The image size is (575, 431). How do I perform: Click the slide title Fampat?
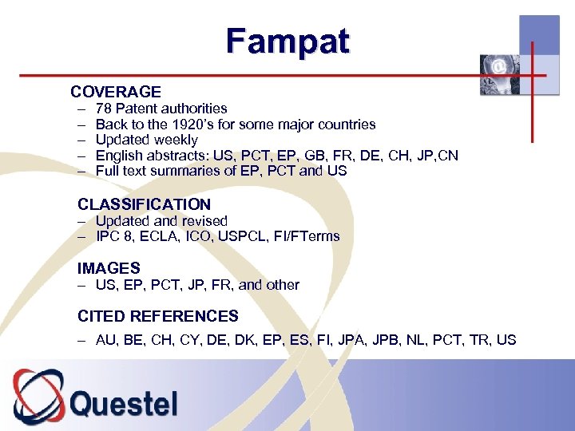coord(287,41)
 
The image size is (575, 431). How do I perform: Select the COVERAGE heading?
coord(116,92)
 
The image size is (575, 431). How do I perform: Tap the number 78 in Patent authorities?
coord(104,109)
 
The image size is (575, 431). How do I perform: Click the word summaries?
coord(180,171)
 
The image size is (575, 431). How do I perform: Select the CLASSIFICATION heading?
coord(144,204)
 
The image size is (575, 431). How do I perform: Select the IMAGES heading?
coord(109,268)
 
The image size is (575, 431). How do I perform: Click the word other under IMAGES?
coord(282,285)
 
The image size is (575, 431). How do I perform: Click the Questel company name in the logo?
coord(124,403)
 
